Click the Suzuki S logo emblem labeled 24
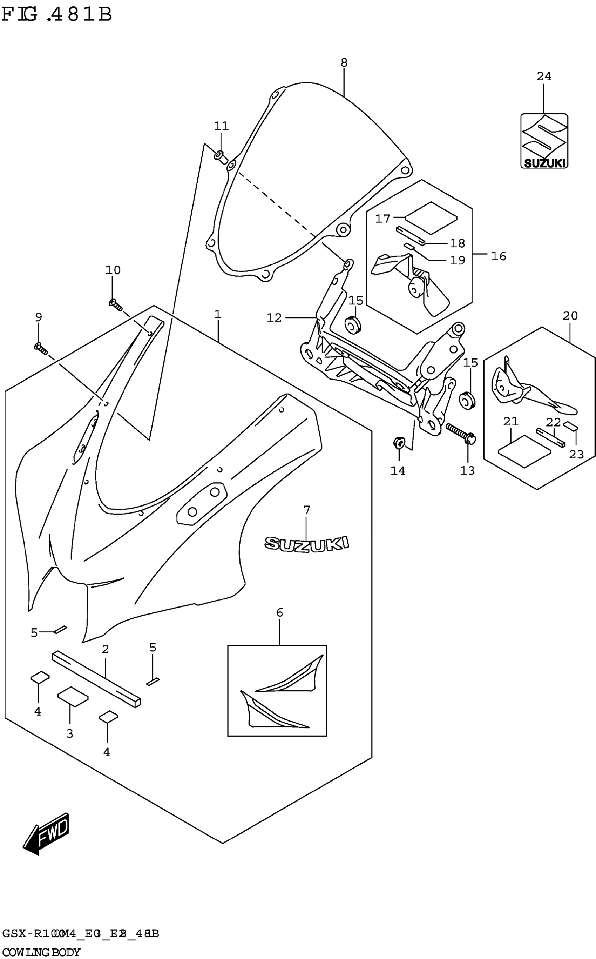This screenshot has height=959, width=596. tap(544, 141)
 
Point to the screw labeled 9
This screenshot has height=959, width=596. tap(41, 349)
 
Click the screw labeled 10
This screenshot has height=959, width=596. tap(115, 304)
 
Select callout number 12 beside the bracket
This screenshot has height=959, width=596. tap(275, 317)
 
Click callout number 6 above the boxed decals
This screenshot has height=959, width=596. tap(279, 612)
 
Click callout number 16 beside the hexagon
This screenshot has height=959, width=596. tap(499, 256)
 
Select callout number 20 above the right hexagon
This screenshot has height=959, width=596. tap(570, 316)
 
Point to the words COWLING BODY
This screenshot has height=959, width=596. tap(41, 952)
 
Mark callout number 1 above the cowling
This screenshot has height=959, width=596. tap(218, 315)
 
